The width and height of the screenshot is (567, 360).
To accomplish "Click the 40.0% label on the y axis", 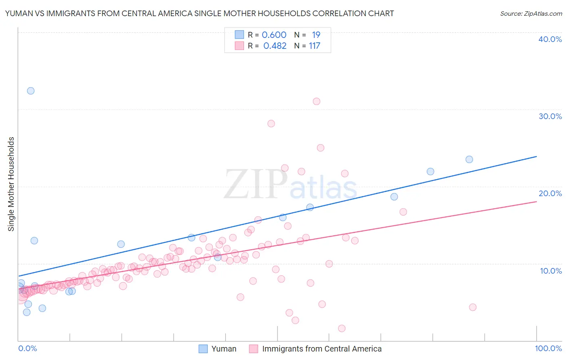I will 550,39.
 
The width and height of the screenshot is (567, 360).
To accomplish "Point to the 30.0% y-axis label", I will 550,116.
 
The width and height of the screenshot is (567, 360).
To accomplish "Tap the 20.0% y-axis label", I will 550,193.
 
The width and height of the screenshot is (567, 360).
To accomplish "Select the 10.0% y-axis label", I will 550,271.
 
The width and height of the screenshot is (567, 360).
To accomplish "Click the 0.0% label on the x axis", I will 27,349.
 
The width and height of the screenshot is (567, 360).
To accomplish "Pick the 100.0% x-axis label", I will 548,349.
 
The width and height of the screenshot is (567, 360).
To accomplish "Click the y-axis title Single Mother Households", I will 11,184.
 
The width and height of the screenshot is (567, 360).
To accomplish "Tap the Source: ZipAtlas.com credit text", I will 531,14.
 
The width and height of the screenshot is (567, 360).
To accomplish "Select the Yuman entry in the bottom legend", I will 224,349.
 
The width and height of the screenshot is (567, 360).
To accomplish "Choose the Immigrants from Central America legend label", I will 321,349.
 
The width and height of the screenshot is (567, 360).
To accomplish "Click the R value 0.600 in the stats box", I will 274,35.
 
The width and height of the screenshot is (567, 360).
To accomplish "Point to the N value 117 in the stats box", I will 315,46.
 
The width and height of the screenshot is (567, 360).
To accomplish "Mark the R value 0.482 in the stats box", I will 275,46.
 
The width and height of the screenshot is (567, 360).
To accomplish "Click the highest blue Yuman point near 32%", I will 31,91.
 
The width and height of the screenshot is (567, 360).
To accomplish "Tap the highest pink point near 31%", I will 317,101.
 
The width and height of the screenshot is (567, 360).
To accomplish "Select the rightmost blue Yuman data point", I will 469,159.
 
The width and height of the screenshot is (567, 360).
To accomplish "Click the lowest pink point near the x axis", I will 342,329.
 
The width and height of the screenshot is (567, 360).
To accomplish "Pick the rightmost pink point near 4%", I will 473,307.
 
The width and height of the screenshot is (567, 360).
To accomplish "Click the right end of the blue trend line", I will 536,156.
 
